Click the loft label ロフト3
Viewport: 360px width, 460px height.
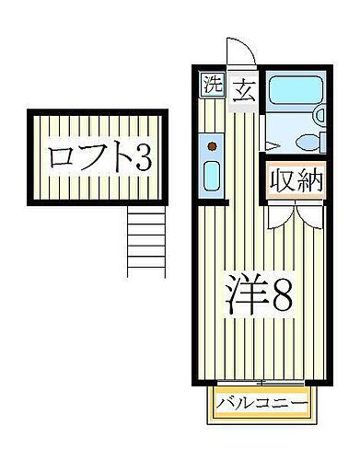(x=98, y=158)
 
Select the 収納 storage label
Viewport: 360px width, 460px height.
(x=296, y=181)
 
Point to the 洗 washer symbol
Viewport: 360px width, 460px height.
(x=213, y=87)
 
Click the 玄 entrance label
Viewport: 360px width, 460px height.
(x=244, y=90)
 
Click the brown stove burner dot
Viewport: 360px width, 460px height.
(x=213, y=145)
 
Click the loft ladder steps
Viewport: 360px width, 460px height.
(x=145, y=241)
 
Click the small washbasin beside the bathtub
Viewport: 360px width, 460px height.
(x=319, y=115)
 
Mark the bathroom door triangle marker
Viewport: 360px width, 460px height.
(x=270, y=145)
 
